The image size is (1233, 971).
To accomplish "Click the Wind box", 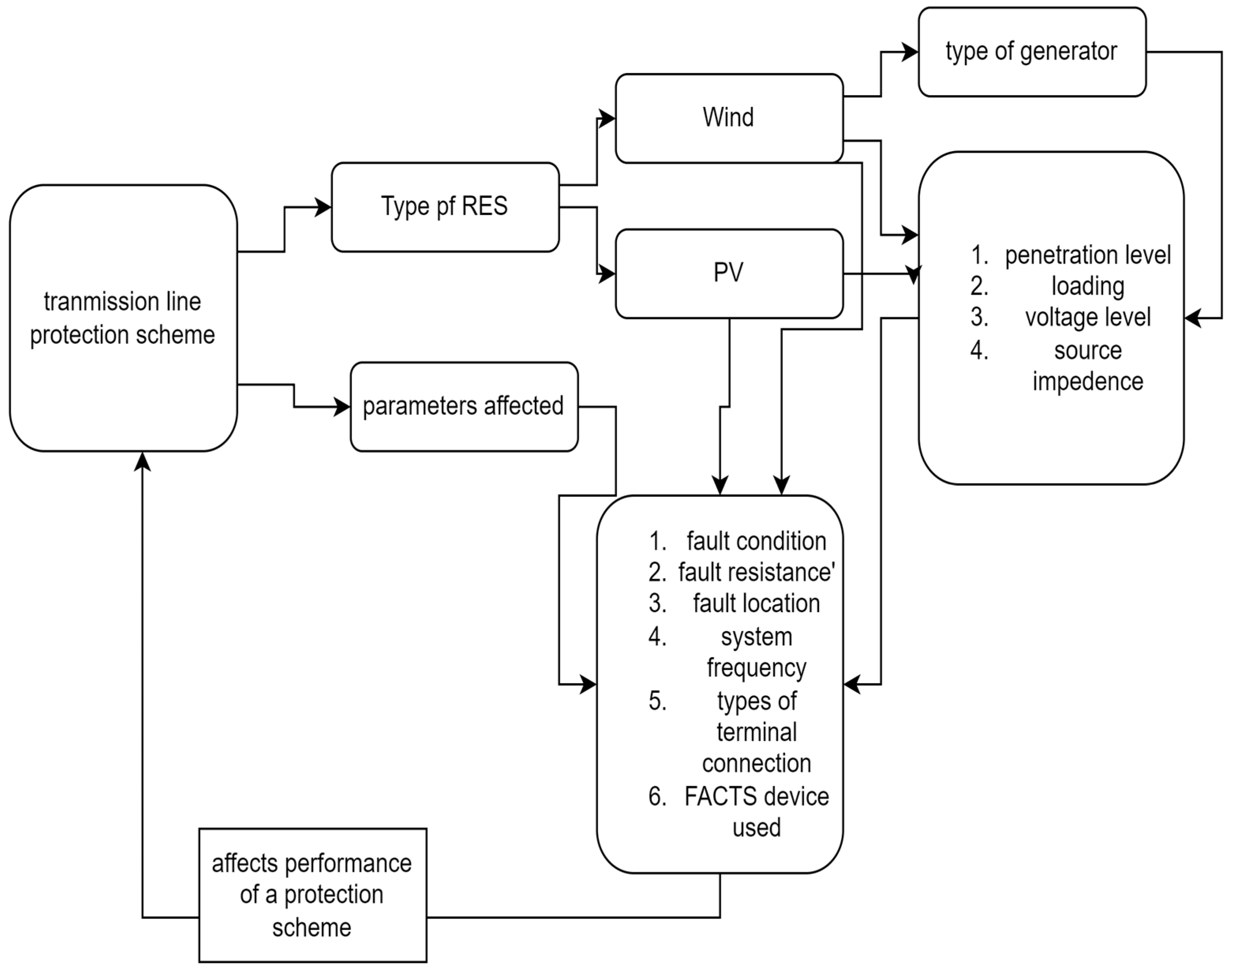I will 728,118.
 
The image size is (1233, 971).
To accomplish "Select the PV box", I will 728,273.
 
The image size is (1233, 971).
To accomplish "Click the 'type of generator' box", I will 1031,52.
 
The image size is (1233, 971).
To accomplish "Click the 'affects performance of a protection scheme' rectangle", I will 312,895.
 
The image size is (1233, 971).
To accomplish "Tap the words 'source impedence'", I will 1087,366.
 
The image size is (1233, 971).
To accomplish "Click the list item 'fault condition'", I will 756,541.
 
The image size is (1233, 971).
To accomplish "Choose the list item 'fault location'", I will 756,603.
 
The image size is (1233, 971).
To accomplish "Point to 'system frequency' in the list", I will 756,652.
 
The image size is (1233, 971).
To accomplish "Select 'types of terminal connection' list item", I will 756,732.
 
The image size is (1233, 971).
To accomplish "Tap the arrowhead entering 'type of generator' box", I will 911,52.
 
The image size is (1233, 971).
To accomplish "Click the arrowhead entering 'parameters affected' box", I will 342,407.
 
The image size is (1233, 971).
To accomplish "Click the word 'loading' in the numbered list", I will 1087,286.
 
